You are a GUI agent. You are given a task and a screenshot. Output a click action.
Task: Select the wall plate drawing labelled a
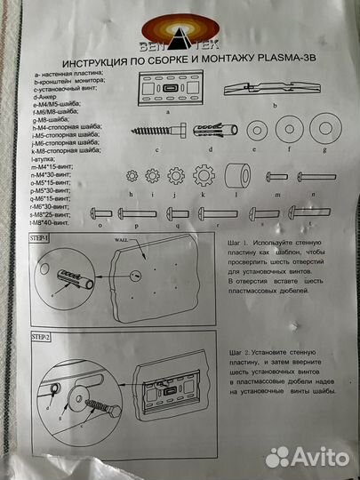[x=168, y=90]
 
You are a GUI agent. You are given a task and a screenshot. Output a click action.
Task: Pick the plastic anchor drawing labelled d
[x=214, y=130]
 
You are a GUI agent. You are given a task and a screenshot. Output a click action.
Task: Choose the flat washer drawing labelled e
[x=258, y=131]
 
